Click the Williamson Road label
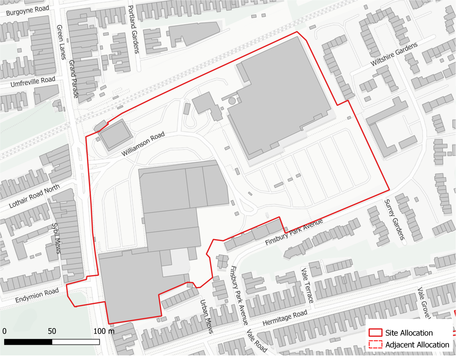143,144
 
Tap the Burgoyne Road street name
28,11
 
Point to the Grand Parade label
73,79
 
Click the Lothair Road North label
35,197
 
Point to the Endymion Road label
37,295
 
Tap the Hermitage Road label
284,318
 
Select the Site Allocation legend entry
408,333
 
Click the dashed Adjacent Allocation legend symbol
375,345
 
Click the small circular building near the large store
232,101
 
